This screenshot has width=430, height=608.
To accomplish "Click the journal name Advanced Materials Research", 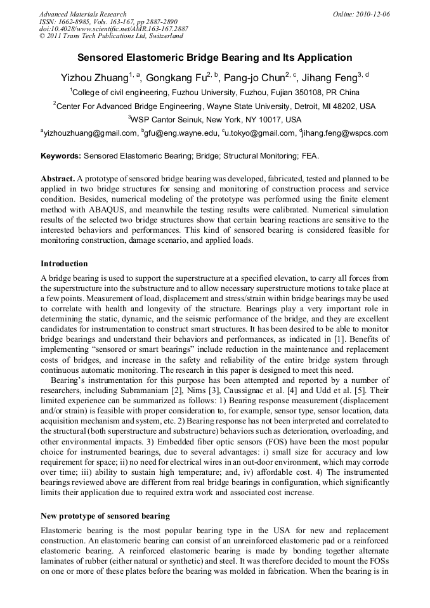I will [x=83, y=14].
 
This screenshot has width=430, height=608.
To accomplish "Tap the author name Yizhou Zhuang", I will [x=94, y=79].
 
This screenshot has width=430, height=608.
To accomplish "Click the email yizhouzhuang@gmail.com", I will [x=90, y=133].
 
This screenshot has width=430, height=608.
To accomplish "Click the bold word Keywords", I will [x=60, y=155].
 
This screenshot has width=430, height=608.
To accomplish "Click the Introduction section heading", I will [x=64, y=263].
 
